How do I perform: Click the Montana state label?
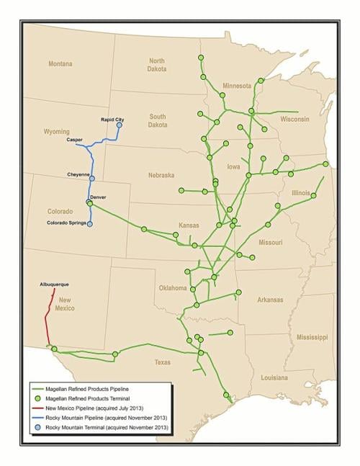[x=60, y=64]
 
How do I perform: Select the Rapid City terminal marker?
[x=120, y=125]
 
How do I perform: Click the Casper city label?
[x=75, y=140]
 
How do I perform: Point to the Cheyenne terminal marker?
[x=91, y=176]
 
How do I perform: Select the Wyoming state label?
[x=56, y=132]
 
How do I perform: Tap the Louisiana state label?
[x=274, y=377]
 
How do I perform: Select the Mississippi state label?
[x=310, y=337]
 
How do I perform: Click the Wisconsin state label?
[x=294, y=119]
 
